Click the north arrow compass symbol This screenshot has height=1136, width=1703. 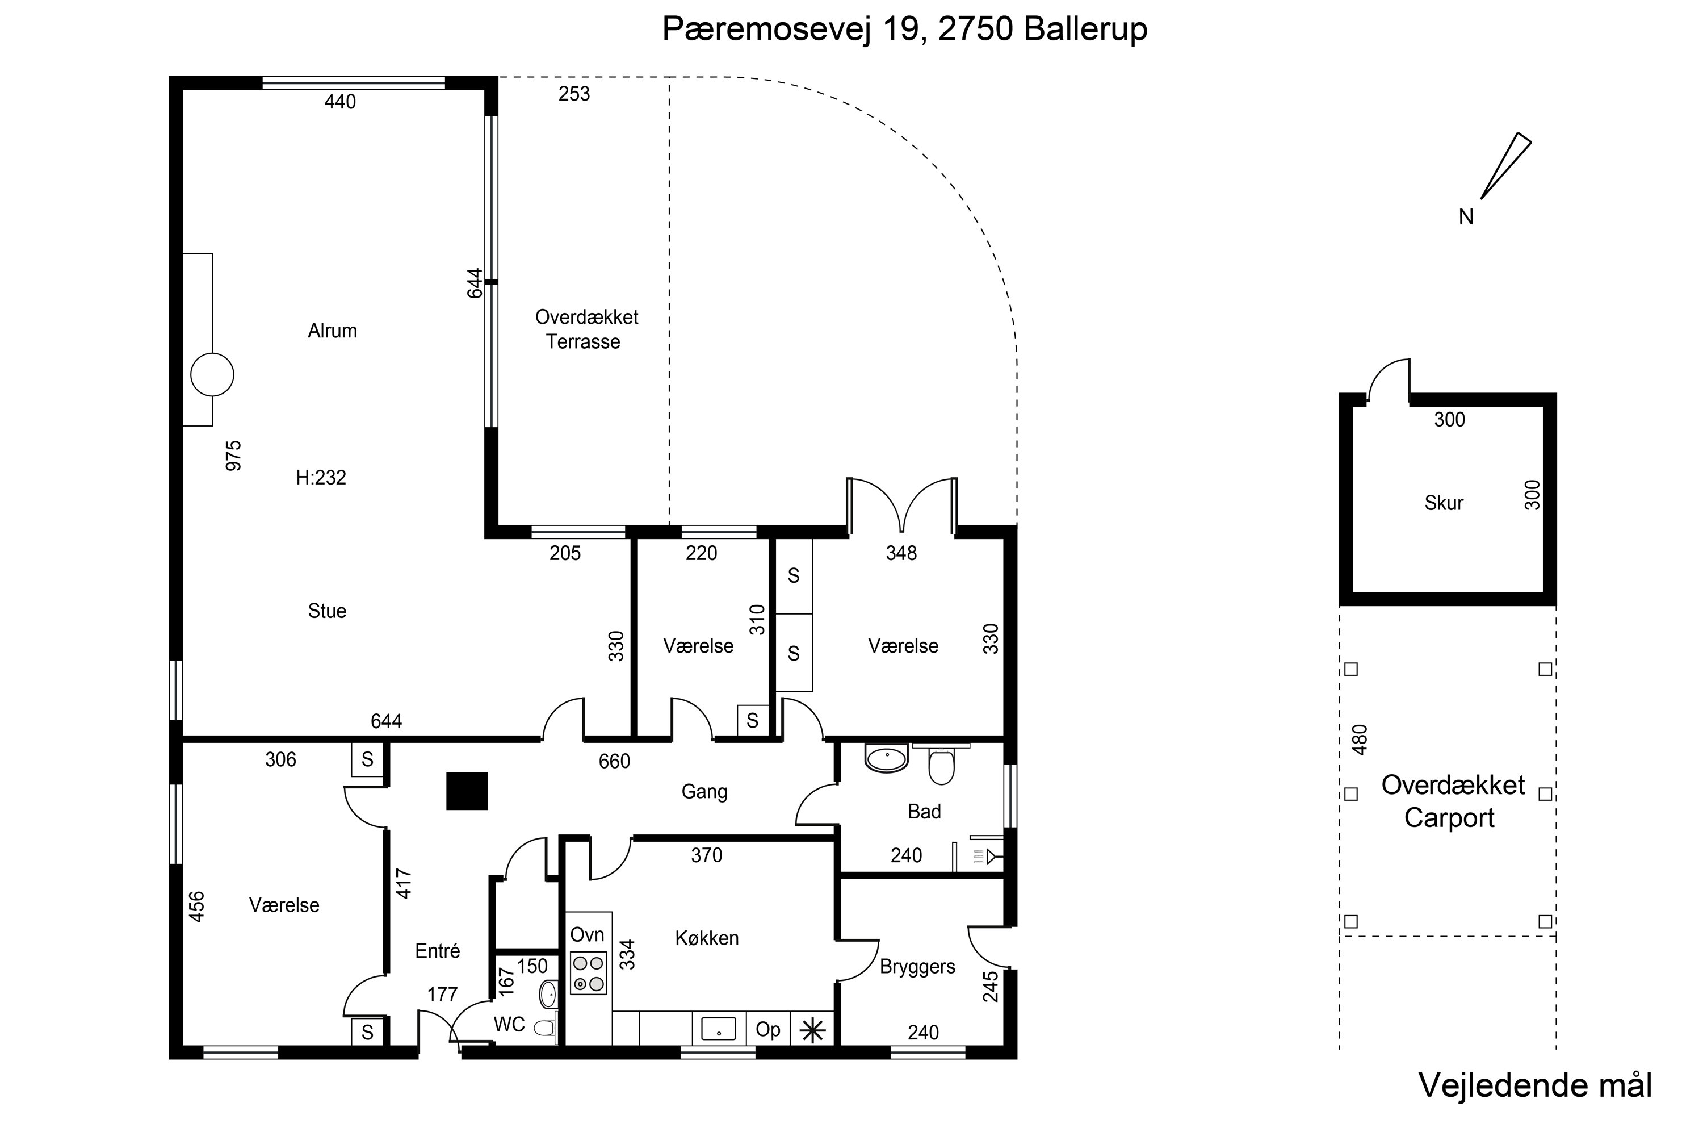[1505, 166]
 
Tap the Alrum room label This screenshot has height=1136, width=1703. [332, 331]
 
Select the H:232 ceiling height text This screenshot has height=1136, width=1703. [321, 478]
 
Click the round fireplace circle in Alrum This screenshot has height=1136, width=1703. [212, 374]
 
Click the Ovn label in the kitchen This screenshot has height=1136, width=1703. [587, 934]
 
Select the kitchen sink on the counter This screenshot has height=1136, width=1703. [718, 1029]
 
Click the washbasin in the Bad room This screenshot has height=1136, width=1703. [886, 758]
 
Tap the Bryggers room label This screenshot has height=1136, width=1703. [917, 967]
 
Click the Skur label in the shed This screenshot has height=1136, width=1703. [1444, 503]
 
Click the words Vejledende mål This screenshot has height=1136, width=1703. [1535, 1085]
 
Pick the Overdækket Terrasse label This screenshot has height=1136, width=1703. [586, 329]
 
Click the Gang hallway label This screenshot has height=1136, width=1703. [704, 792]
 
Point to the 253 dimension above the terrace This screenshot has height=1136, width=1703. [574, 94]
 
